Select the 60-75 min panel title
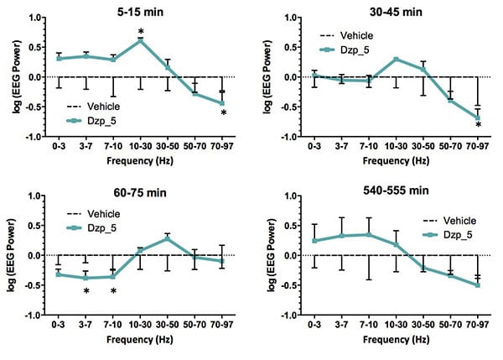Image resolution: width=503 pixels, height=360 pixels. coord(140,192)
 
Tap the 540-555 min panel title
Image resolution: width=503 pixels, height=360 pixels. coord(393,192)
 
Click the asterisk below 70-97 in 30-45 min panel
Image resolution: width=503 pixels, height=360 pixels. coord(477,127)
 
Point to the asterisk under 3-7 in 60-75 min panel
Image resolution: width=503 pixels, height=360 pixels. coord(86,292)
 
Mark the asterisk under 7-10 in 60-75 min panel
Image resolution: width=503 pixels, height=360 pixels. coord(113,292)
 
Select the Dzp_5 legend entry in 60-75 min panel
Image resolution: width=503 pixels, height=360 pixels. coord(90,227)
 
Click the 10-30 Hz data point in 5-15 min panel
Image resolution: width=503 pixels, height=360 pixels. coord(141,40)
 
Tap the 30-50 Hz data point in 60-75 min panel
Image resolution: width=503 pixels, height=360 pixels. coord(168,238)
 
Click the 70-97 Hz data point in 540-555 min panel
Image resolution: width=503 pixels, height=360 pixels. coord(477,285)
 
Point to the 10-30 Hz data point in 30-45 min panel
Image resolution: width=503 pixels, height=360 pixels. coord(395,59)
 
